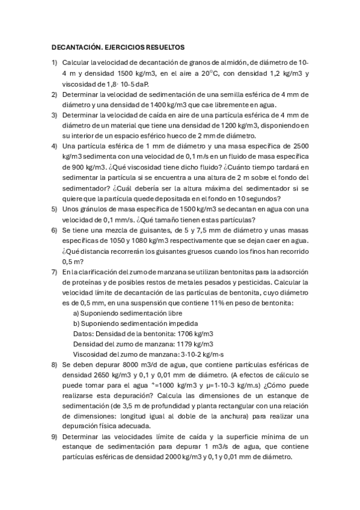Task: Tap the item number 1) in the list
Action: (54, 62)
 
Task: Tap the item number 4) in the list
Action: (54, 146)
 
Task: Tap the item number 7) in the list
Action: (54, 272)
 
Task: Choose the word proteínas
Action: (87, 283)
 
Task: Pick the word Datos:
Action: (84, 335)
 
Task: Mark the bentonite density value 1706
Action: (178, 335)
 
